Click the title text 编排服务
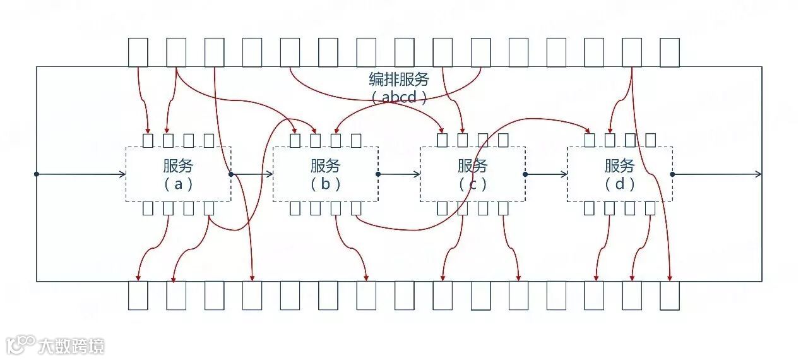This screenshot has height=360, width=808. [399, 80]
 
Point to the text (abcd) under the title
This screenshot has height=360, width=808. [399, 97]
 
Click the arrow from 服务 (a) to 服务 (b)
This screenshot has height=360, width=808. [252, 174]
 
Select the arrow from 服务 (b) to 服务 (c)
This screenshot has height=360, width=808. [400, 174]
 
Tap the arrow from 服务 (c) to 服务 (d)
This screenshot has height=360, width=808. [546, 174]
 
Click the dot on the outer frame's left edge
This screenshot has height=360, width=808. [37, 174]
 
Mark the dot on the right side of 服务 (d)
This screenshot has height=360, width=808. [672, 174]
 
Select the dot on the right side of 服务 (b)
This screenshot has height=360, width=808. [378, 174]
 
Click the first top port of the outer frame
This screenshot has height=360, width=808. [138, 52]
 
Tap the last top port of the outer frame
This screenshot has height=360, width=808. [670, 52]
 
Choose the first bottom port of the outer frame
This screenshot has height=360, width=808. [138, 295]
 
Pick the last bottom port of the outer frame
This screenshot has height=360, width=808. [670, 295]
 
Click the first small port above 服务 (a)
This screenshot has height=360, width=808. [148, 140]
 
